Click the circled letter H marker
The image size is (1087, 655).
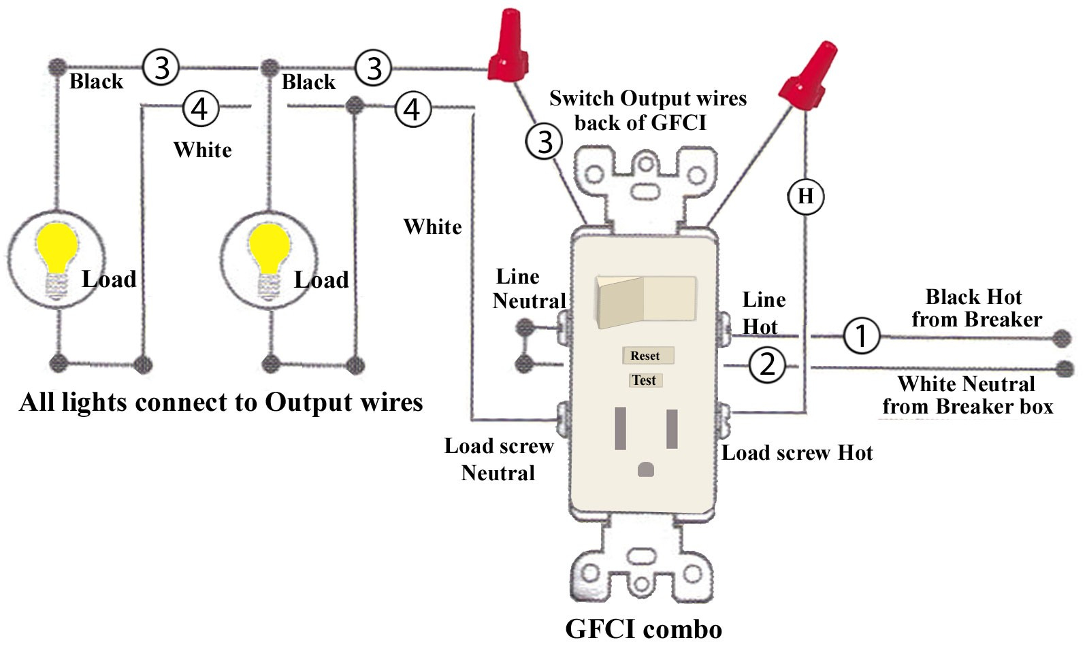[805, 197]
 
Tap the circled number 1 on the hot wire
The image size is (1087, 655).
[861, 335]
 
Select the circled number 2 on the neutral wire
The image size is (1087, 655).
[767, 365]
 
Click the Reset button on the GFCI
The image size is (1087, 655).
[647, 356]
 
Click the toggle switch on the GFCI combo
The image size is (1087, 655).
[645, 300]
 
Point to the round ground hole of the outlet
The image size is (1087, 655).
[645, 469]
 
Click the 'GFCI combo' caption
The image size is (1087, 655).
[643, 629]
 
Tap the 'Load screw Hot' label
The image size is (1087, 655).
[797, 453]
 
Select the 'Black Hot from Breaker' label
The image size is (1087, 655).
[976, 308]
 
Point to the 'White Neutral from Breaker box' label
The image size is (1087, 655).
[967, 395]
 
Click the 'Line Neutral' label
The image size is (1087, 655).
[528, 289]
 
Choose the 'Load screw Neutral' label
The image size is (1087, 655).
[498, 460]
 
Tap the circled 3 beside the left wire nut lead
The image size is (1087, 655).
[545, 142]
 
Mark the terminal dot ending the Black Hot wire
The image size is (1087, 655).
[1061, 338]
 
